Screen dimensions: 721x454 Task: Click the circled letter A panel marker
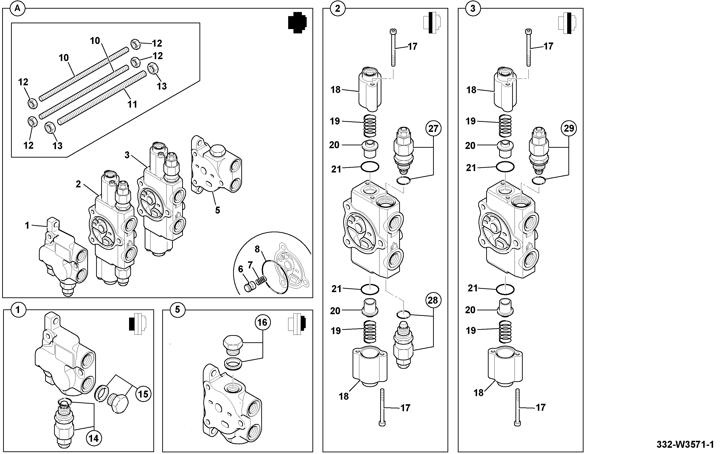click(x=18, y=8)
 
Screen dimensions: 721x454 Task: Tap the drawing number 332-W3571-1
click(x=685, y=444)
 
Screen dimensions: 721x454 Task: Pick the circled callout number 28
click(x=433, y=300)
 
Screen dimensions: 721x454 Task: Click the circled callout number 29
click(x=569, y=128)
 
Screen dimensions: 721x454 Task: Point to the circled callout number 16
click(x=262, y=322)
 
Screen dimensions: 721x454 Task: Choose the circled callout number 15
click(x=143, y=394)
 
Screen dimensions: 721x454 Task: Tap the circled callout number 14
click(x=93, y=438)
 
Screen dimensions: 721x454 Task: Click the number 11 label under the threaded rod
click(x=132, y=104)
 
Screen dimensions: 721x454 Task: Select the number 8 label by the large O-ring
click(x=257, y=249)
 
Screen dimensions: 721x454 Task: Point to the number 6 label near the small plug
click(x=240, y=269)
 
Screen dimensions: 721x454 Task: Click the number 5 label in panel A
click(x=218, y=210)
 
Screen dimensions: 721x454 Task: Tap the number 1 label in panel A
click(x=27, y=225)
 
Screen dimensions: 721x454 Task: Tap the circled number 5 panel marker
click(x=178, y=309)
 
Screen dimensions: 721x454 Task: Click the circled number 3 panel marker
click(x=473, y=8)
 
